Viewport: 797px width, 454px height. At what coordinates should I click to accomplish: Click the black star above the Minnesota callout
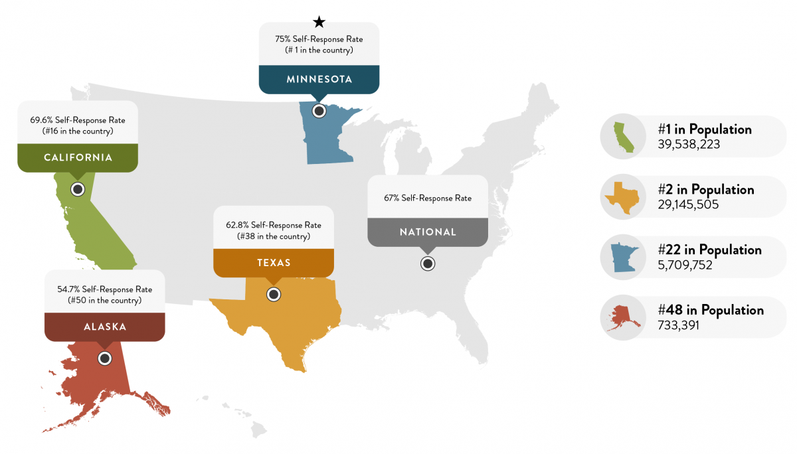click(319, 23)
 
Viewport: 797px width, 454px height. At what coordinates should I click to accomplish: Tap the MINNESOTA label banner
click(319, 80)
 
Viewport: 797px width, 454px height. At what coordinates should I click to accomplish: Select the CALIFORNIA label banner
click(78, 157)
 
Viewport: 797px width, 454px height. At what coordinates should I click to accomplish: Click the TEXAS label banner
click(274, 262)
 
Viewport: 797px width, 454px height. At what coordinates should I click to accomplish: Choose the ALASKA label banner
click(104, 327)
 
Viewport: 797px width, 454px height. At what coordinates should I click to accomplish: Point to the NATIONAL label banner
click(428, 232)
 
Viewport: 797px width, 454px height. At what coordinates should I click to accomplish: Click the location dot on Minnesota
click(319, 111)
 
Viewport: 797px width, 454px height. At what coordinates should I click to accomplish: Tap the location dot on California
click(78, 189)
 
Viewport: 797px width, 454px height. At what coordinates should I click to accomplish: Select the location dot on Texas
click(273, 294)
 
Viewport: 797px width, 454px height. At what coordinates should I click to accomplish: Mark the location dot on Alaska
click(104, 358)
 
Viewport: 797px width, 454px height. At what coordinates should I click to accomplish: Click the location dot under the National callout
click(428, 264)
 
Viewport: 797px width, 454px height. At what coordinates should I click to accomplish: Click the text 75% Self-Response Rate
click(319, 39)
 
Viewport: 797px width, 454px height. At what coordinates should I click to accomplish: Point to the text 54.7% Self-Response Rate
click(105, 289)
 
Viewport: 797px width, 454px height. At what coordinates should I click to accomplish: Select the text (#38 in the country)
click(273, 236)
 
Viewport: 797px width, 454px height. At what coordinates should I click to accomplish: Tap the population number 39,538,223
click(689, 144)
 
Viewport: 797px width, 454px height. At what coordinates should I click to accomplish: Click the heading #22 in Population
click(709, 250)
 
